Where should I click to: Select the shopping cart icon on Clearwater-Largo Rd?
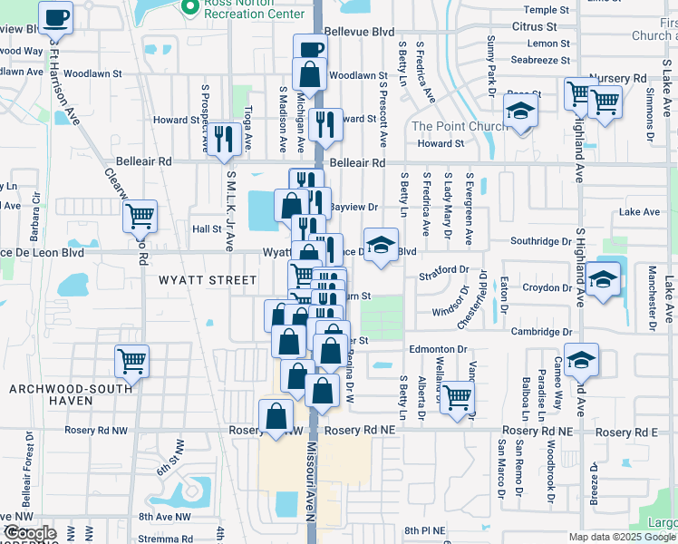[x=140, y=217]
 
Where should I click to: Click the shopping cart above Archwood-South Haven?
[x=132, y=362]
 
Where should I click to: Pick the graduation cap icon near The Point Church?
[x=521, y=112]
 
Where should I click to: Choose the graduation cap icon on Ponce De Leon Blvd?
[x=382, y=245]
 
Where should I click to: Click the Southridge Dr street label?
[x=541, y=242]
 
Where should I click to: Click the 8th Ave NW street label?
[x=164, y=517]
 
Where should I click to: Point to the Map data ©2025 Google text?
[x=620, y=536]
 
